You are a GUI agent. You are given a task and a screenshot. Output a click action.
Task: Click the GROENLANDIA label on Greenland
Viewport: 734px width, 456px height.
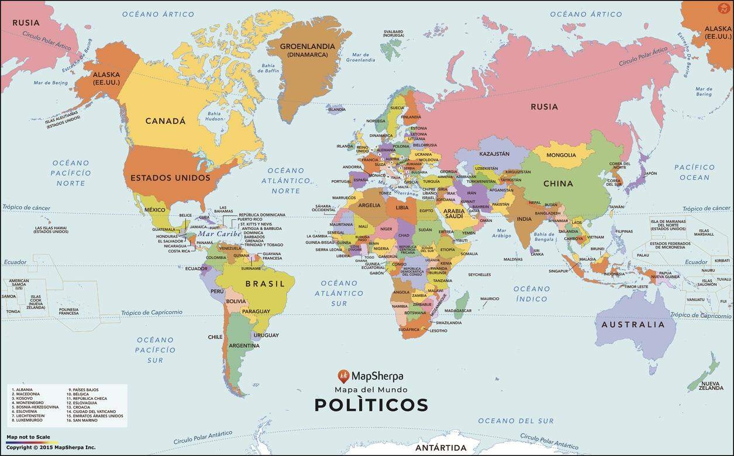(x=307, y=46)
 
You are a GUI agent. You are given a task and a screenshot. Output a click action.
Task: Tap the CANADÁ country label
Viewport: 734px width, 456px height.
(x=165, y=121)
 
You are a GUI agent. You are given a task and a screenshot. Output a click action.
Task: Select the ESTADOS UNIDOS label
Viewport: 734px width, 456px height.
(x=170, y=178)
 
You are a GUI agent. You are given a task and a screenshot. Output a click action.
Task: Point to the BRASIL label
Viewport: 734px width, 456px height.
(x=265, y=284)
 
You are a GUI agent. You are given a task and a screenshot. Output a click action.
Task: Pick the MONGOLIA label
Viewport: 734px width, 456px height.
(x=561, y=156)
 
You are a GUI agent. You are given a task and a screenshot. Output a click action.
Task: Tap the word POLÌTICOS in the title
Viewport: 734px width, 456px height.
(x=371, y=405)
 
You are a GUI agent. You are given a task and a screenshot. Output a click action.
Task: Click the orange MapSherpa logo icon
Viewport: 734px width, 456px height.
(x=344, y=376)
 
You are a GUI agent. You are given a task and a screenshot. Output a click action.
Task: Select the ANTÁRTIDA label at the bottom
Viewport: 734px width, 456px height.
(x=441, y=448)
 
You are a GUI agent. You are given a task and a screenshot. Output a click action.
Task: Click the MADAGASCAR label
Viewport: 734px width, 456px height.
(x=458, y=310)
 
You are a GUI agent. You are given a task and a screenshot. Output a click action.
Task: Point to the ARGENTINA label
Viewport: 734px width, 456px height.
(x=244, y=346)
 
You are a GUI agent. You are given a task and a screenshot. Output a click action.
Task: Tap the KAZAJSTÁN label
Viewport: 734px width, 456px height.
(x=495, y=154)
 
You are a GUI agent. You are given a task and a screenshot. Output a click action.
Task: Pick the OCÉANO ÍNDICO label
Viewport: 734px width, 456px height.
(x=532, y=293)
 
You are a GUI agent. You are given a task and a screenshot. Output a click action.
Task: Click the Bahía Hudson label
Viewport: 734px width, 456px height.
(x=215, y=116)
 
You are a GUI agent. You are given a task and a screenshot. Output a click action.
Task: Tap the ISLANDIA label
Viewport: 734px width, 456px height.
(x=336, y=109)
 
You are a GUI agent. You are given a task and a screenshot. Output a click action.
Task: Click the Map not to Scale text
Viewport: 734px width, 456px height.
(x=28, y=437)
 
